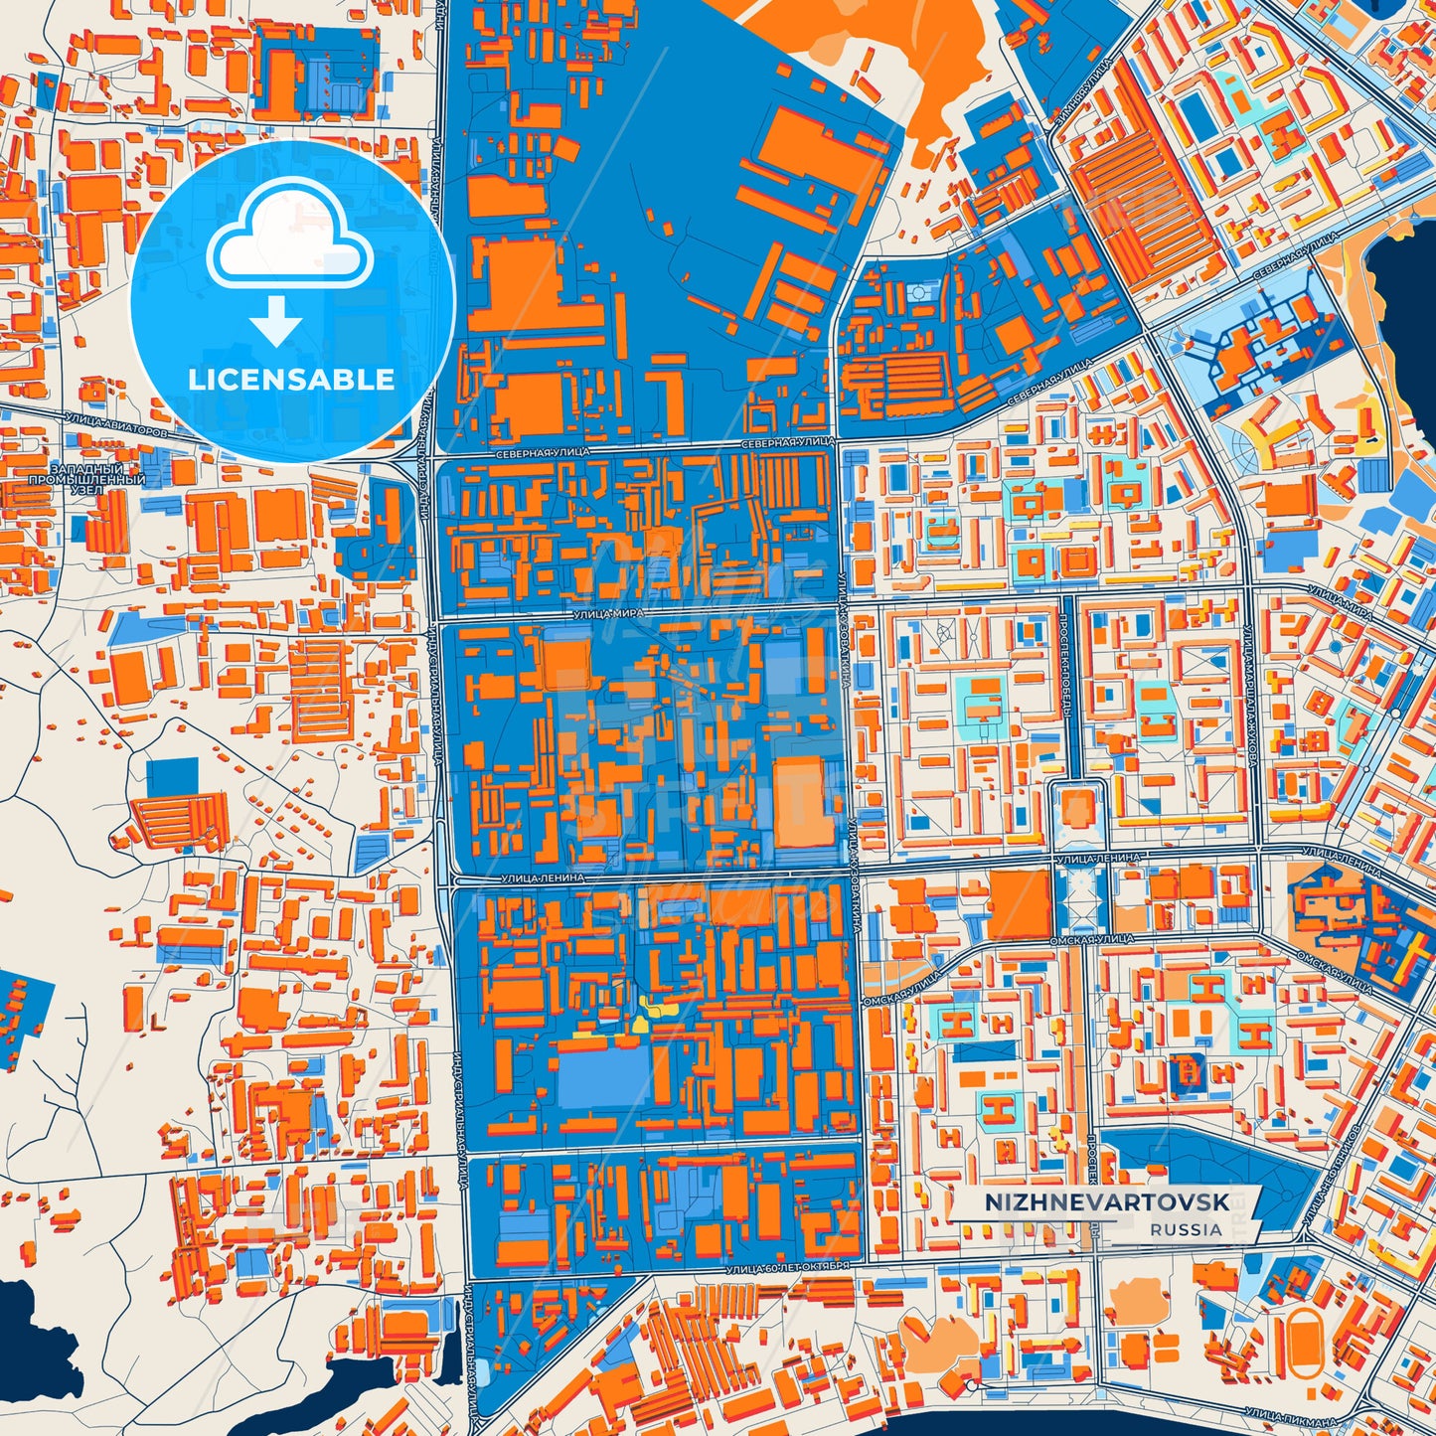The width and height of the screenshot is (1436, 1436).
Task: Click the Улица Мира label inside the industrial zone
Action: (x=607, y=614)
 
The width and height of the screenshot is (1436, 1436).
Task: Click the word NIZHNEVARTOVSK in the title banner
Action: (x=1106, y=1202)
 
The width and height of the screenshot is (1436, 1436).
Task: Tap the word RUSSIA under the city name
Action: (x=1187, y=1229)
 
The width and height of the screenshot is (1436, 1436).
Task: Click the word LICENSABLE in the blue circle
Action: (x=291, y=380)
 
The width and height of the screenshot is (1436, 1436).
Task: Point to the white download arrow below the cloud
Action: (x=276, y=320)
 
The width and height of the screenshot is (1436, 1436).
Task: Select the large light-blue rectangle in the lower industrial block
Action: (x=603, y=1075)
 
